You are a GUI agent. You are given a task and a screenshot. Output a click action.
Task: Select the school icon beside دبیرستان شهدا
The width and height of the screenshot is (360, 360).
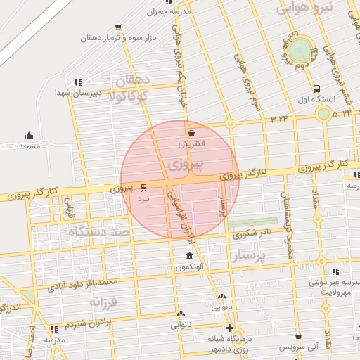(x=77, y=82)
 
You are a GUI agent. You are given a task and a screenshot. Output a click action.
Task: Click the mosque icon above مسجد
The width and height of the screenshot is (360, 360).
(x=29, y=135)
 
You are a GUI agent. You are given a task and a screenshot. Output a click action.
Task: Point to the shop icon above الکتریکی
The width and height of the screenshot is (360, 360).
(x=191, y=132)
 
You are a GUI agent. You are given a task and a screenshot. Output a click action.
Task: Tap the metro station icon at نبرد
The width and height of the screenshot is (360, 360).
(x=144, y=187)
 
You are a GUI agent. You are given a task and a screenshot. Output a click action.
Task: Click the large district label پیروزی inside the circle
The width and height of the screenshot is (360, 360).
(x=186, y=166)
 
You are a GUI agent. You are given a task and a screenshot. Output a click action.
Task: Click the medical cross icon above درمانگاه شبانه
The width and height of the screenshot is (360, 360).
(x=229, y=328)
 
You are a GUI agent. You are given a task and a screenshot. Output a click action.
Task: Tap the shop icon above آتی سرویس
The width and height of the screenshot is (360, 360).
(x=299, y=337)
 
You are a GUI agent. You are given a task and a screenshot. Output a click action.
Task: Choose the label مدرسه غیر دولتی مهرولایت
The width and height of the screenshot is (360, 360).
(x=328, y=286)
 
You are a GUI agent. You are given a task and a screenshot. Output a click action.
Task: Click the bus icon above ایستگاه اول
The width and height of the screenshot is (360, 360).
(x=316, y=89)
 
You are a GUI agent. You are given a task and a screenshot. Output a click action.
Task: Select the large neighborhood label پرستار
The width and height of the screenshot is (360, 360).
(x=250, y=257)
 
